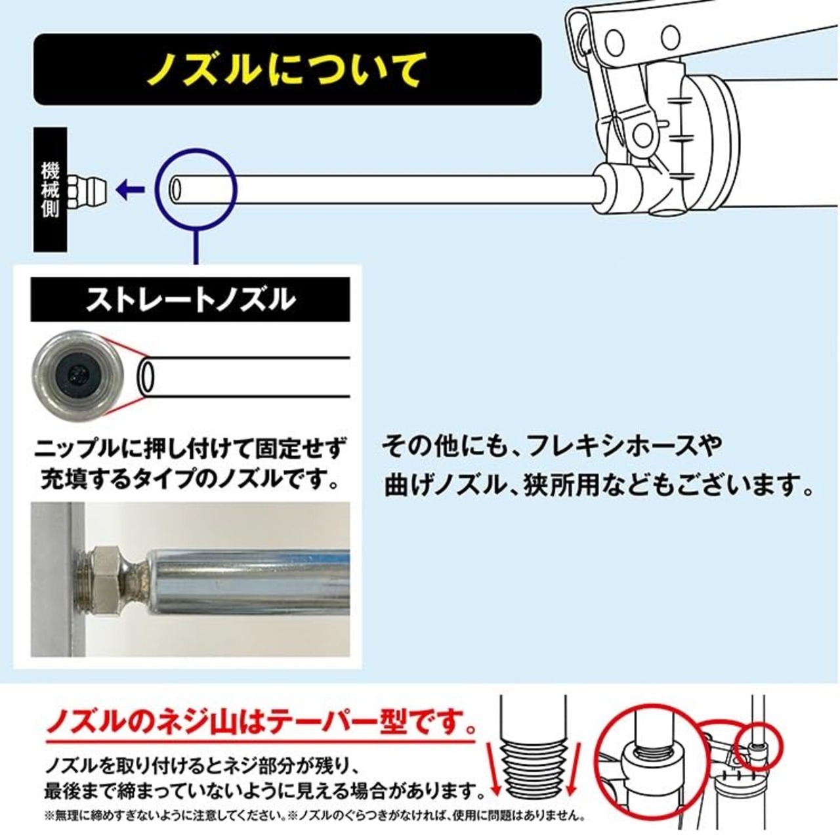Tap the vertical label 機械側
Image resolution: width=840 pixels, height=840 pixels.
[x=51, y=190]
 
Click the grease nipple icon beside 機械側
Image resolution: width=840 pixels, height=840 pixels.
[x=90, y=190]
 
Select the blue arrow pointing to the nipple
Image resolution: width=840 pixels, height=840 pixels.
[x=130, y=190]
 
